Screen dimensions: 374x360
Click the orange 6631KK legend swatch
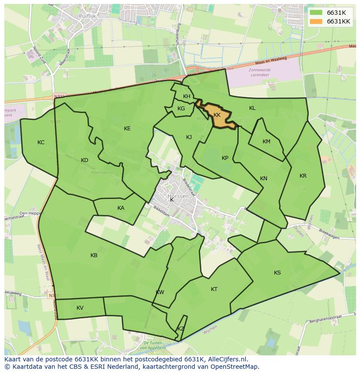(316, 21)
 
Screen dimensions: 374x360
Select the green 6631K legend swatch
(316, 13)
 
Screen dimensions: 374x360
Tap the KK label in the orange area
(217, 115)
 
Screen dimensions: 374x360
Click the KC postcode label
(41, 142)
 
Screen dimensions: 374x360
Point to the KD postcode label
(84, 160)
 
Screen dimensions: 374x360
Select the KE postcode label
(127, 129)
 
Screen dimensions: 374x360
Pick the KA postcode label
(121, 208)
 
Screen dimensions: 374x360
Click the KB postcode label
(94, 255)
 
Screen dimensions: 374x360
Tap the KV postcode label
(80, 308)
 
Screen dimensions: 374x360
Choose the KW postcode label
(160, 292)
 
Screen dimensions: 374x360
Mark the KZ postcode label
(181, 329)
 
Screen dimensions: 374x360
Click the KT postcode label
(214, 289)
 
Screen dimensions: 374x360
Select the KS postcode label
(277, 273)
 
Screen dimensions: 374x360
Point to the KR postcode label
(303, 176)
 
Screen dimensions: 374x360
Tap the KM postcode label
(267, 142)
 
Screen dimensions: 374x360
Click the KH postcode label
(187, 96)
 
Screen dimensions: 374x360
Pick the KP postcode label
(225, 158)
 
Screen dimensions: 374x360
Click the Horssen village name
(178, 196)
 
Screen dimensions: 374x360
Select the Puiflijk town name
(87, 16)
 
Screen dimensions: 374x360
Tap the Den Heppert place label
(30, 213)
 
